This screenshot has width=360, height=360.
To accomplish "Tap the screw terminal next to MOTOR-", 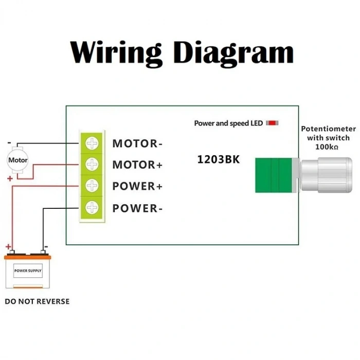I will tap(92, 142).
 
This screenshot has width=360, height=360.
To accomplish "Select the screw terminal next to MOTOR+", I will tap(92, 164).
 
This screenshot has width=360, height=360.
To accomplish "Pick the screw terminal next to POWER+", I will tap(92, 186).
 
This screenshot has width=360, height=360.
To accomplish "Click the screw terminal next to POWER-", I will tap(92, 207).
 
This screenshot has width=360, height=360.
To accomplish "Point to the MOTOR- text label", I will tap(137, 143).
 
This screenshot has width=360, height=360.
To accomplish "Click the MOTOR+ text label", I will tap(137, 165).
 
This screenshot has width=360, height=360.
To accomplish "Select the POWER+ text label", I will tap(137, 187).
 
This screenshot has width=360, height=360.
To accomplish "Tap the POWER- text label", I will tap(137, 208).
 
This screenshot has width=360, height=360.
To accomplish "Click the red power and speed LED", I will tap(272, 123).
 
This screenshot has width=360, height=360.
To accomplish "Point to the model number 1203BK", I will tap(219, 159).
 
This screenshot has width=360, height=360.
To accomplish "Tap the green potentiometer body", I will tap(273, 175).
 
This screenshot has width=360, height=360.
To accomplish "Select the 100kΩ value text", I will tap(327, 147).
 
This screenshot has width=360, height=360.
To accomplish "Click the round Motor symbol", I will tap(18, 160).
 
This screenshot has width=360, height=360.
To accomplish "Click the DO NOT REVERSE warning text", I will tap(37, 301).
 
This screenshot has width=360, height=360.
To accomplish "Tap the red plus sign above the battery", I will tap(8, 247).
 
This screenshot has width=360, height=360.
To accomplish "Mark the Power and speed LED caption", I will tap(228, 123).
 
